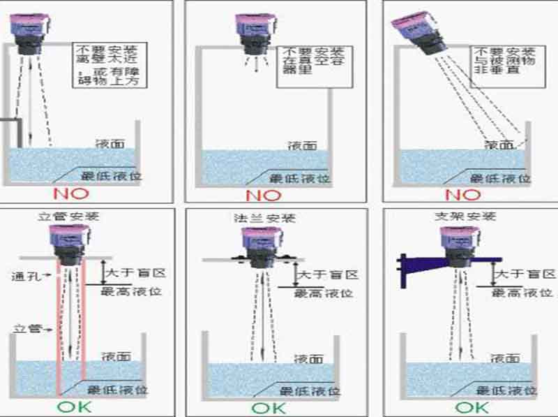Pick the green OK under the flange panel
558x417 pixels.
[268, 407]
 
